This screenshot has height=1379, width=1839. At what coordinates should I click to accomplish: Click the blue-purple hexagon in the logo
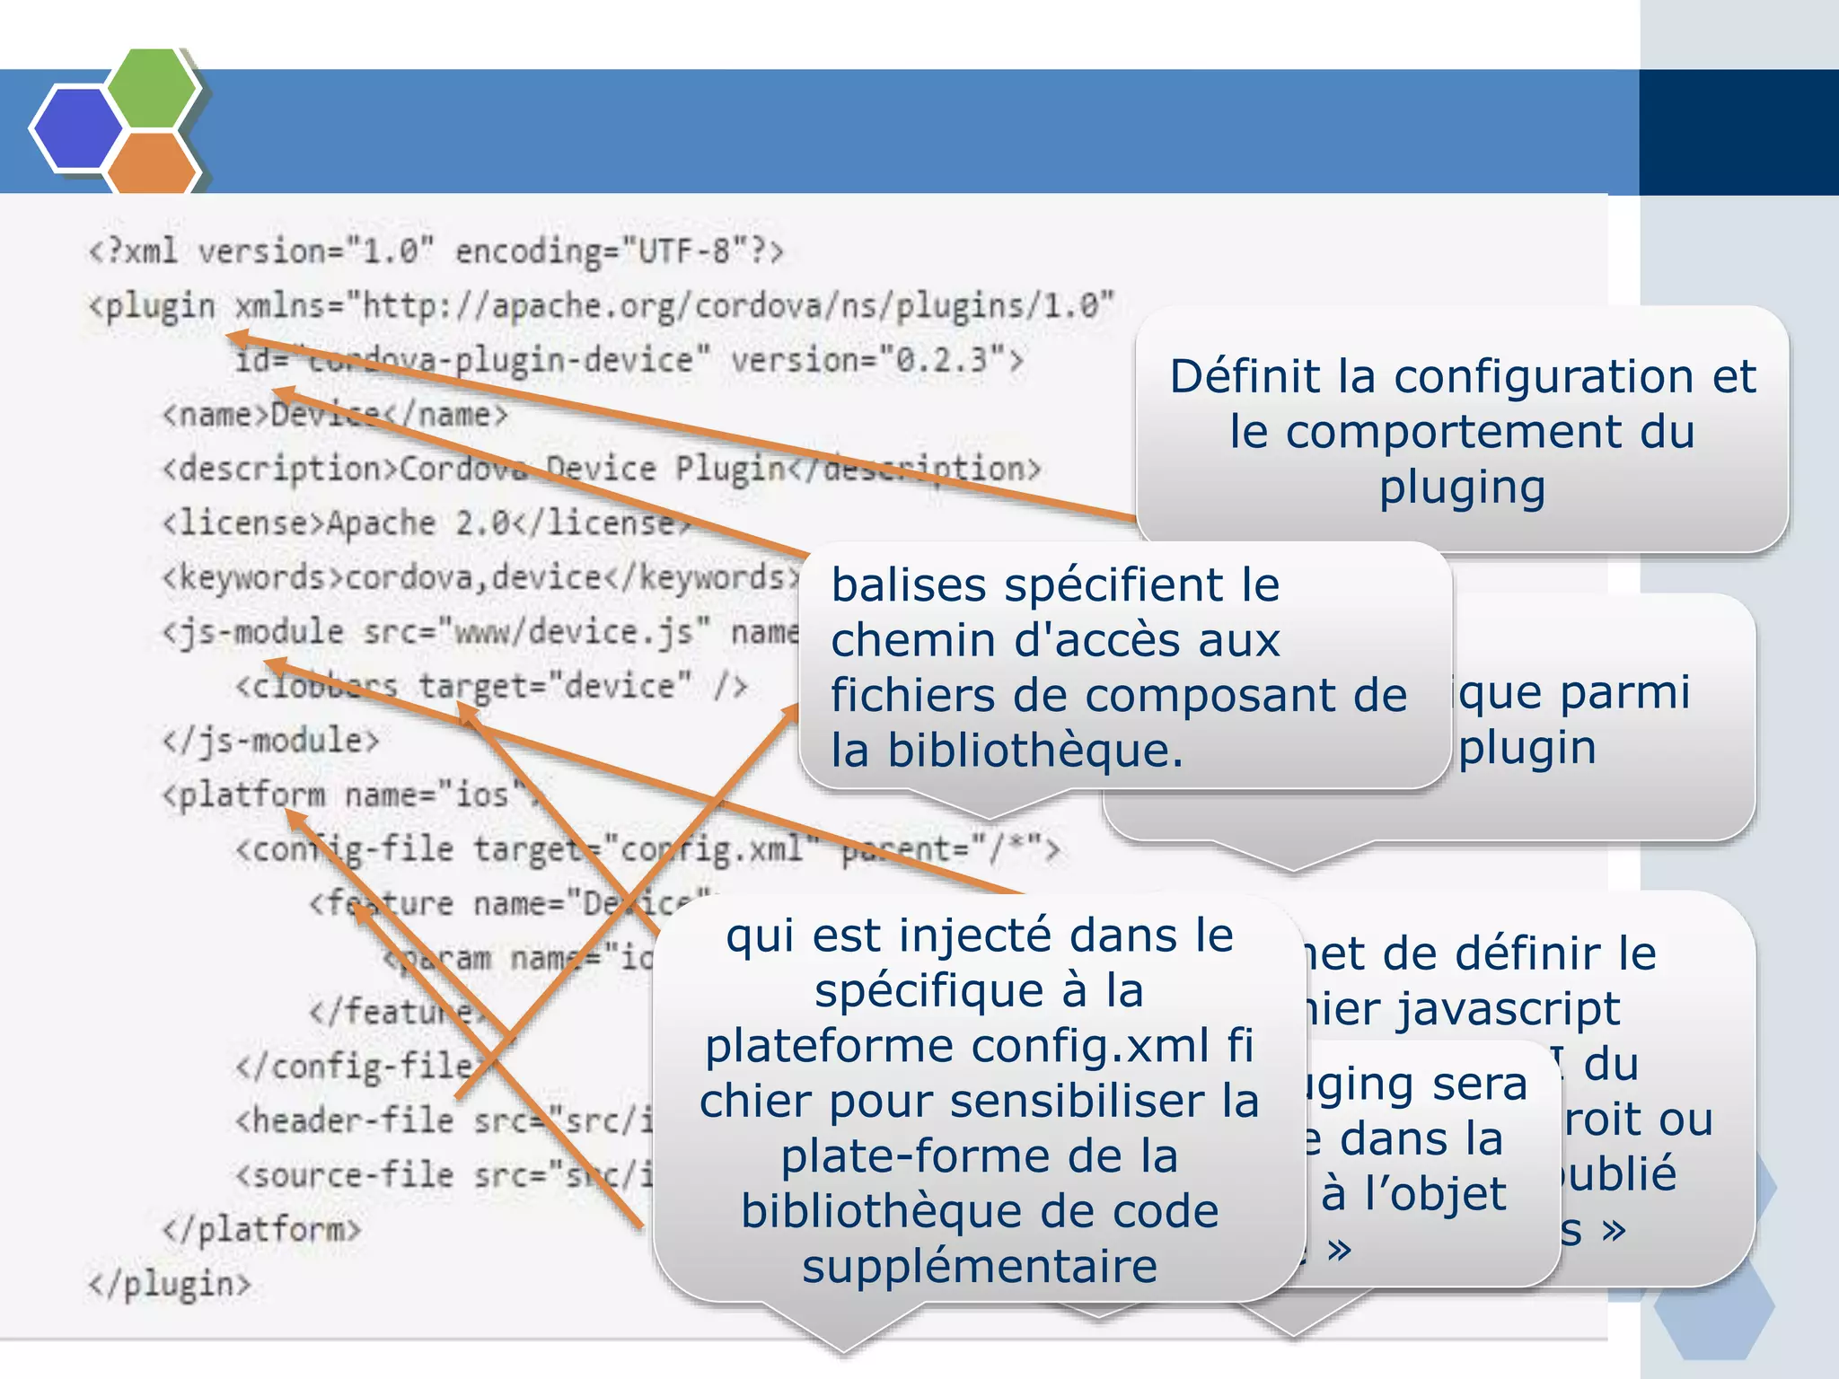click(77, 128)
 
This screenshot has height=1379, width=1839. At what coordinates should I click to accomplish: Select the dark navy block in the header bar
click(1738, 132)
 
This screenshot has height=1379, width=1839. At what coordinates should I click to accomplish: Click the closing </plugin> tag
click(169, 1284)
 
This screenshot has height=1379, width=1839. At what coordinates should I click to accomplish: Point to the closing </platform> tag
click(261, 1229)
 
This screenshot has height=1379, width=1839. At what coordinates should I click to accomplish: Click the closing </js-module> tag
click(270, 741)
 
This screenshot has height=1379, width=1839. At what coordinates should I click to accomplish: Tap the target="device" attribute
click(556, 686)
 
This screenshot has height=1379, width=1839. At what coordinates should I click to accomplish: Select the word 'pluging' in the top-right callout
click(1462, 487)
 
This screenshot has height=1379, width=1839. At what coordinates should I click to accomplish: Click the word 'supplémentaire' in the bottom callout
click(980, 1267)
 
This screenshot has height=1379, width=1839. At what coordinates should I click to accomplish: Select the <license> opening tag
click(242, 523)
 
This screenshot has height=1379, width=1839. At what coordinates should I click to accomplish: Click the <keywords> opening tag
click(252, 577)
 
